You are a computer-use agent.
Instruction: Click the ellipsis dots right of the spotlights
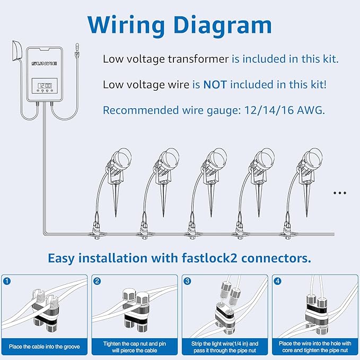(x=339, y=193)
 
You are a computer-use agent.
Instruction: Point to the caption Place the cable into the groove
(x=45, y=346)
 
